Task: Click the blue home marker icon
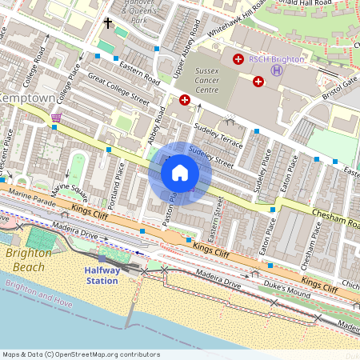[x=180, y=173]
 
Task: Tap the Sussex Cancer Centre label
[x=196, y=80]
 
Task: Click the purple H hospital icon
[x=277, y=70]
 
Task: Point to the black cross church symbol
[x=108, y=23]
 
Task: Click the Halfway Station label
[x=102, y=275]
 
